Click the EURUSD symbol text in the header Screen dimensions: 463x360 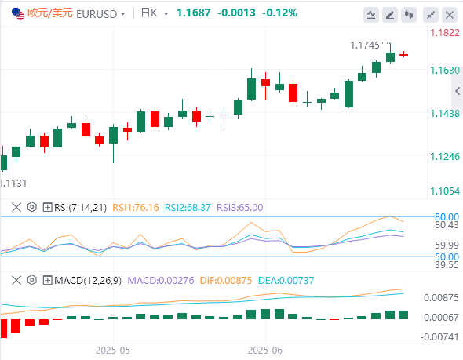[97, 14]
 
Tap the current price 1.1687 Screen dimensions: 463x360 [194, 13]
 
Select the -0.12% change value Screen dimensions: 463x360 [279, 13]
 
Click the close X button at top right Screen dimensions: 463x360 [450, 15]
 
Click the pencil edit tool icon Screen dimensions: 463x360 [390, 15]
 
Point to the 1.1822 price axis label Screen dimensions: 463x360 [445, 33]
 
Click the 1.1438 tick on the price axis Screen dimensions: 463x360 [445, 113]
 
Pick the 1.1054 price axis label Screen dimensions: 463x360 [445, 191]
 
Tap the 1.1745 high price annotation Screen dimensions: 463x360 [365, 45]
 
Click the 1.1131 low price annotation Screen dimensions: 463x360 [13, 184]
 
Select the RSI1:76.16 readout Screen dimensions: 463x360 [136, 208]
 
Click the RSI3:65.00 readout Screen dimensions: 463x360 [240, 208]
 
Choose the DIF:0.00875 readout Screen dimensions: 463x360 [226, 280]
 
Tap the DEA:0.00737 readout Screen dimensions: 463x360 [286, 280]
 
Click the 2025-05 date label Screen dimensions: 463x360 [113, 351]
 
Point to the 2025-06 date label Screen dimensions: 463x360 [265, 351]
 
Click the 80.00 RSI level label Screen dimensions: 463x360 [447, 217]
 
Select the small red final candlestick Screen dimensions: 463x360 [403, 55]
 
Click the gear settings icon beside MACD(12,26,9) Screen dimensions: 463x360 [32, 280]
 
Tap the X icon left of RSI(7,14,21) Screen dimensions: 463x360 [16, 207]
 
